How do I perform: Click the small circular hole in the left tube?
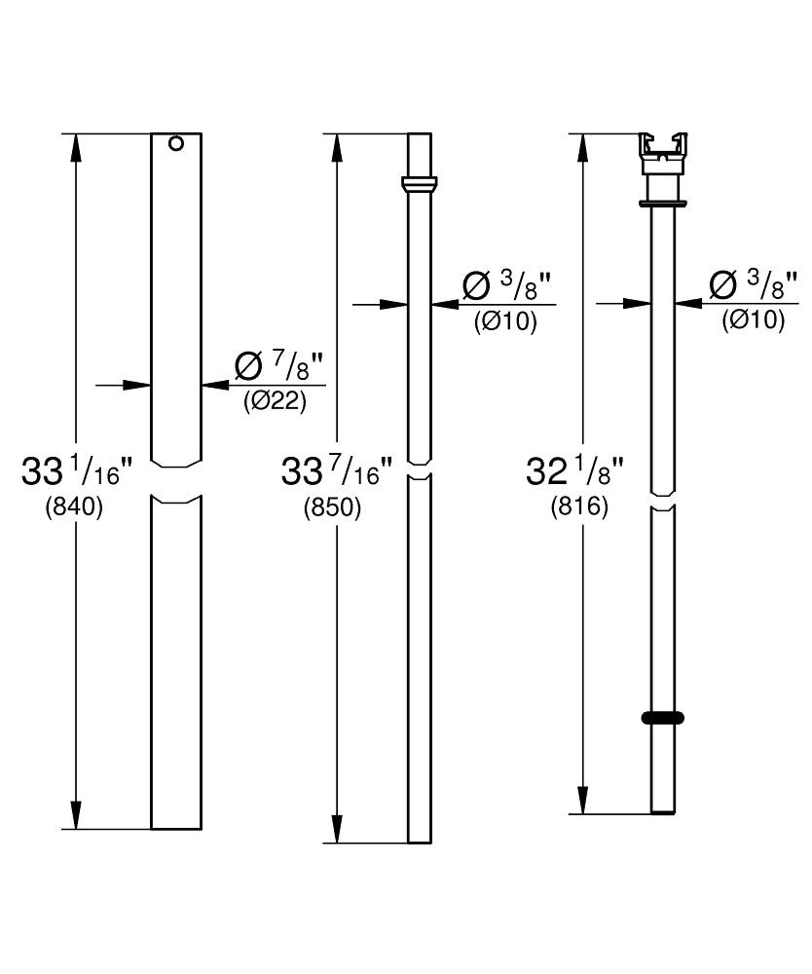(176, 143)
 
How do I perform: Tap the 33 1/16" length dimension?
(77, 471)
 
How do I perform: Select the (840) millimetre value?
(74, 508)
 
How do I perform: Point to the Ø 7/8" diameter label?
(279, 366)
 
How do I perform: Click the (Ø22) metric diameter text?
(275, 402)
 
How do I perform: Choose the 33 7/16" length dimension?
(337, 471)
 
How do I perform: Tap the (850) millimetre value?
(332, 508)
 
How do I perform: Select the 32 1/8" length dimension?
(574, 471)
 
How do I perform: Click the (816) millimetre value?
(579, 507)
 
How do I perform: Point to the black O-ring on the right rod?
(662, 718)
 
